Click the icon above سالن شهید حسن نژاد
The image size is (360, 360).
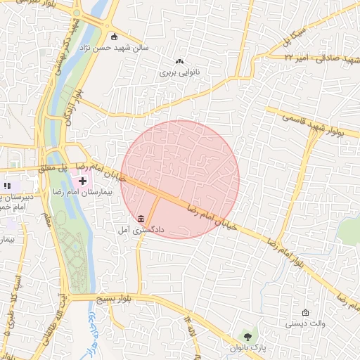(115, 37)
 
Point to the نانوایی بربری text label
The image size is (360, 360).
(180, 72)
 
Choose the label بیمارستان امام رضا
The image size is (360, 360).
(82, 192)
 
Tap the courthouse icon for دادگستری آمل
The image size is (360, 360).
(141, 218)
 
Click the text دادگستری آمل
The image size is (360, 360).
(141, 230)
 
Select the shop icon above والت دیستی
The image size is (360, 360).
(305, 312)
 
